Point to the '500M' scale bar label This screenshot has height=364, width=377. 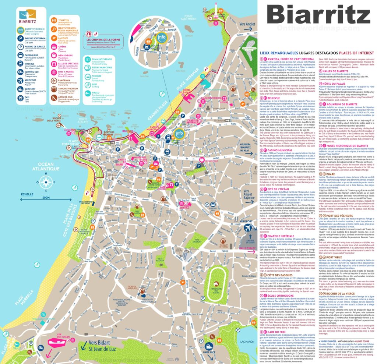(46, 198)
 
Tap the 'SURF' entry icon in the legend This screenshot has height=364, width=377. (87, 85)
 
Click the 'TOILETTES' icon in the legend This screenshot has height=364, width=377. (55, 21)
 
